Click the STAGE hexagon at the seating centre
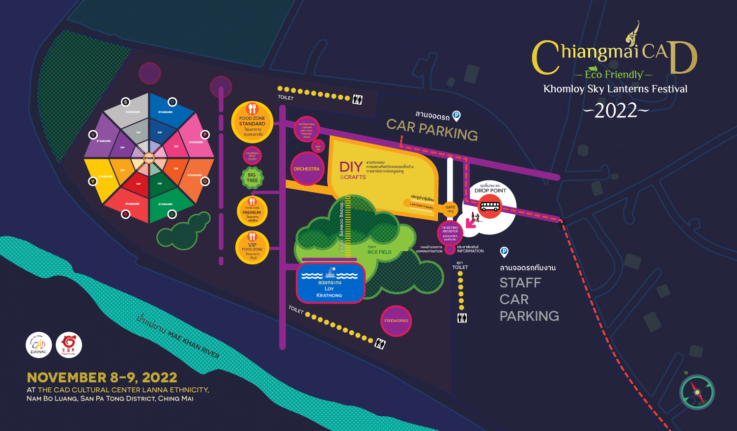[149, 158]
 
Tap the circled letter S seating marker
[125, 102]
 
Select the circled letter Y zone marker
[92, 181]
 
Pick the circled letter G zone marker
[172, 214]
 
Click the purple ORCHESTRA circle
[307, 169]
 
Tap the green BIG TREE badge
[252, 177]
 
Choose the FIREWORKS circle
[396, 321]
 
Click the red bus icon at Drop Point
[490, 206]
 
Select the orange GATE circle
[450, 208]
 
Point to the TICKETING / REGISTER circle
[450, 230]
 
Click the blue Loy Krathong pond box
[330, 283]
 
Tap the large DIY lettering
[351, 167]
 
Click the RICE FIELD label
[379, 252]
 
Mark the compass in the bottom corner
[697, 392]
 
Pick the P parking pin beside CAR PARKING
[456, 116]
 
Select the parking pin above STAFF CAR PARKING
[504, 252]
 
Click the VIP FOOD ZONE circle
[252, 248]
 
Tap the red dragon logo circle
[69, 345]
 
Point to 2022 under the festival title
[616, 111]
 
